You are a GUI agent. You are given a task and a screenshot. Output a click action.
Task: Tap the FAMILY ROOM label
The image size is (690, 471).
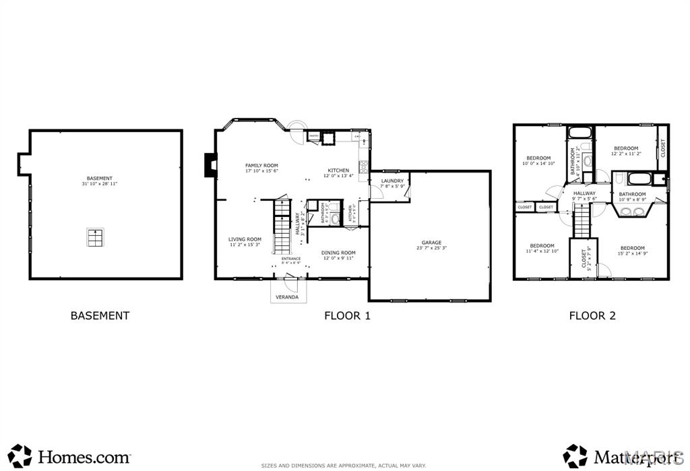click(261, 165)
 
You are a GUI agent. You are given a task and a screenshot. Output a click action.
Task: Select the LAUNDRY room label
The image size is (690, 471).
click(392, 181)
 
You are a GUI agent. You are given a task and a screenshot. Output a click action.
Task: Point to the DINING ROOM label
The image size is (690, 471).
click(338, 253)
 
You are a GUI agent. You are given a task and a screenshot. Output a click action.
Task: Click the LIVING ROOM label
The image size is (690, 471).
click(245, 239)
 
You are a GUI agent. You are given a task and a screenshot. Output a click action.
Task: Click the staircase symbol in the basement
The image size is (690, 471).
click(96, 238)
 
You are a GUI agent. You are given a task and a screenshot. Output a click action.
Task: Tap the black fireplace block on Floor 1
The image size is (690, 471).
click(210, 165)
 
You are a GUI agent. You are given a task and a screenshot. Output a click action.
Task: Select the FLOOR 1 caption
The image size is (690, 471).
click(347, 315)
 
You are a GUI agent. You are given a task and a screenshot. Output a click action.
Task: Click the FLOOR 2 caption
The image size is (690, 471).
click(592, 315)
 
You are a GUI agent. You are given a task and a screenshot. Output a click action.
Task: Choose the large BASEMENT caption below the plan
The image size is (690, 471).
click(100, 315)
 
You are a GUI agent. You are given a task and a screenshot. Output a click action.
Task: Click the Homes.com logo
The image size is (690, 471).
click(70, 456)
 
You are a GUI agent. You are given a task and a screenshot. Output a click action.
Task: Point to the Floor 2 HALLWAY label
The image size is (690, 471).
click(584, 193)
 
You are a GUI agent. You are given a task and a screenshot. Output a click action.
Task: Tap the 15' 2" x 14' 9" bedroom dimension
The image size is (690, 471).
click(633, 253)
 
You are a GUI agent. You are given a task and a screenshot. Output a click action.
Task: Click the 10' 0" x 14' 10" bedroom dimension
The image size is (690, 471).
click(538, 163)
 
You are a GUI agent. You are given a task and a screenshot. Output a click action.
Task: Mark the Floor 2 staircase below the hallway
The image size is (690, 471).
click(582, 221)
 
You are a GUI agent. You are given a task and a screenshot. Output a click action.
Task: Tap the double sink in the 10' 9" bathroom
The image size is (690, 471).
click(632, 212)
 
